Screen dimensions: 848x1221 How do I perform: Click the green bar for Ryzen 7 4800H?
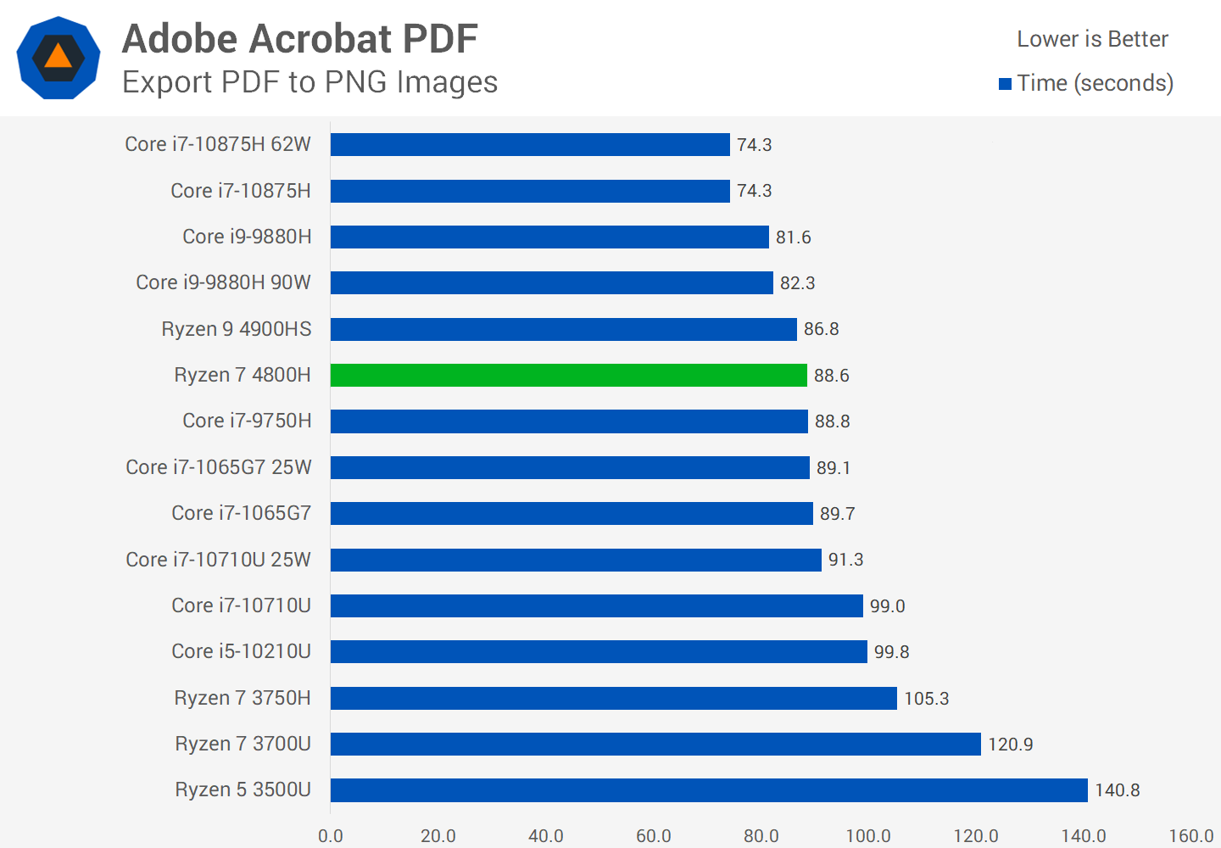[568, 375]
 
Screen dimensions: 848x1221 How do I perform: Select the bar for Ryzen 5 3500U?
[709, 790]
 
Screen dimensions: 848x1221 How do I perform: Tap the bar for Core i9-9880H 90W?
[551, 282]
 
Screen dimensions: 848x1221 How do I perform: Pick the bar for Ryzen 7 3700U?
[655, 744]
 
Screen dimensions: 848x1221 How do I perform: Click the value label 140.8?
[1117, 790]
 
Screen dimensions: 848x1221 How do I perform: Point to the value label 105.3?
[926, 699]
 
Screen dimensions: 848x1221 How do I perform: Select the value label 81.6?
[793, 237]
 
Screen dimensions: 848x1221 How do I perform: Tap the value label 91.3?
[845, 560]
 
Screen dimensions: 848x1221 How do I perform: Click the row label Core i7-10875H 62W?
[218, 144]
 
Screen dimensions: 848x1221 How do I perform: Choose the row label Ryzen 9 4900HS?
[237, 329]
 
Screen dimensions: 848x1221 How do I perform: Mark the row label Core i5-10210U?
[241, 651]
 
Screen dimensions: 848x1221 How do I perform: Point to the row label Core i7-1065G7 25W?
[219, 467]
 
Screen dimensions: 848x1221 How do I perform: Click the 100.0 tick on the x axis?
[868, 836]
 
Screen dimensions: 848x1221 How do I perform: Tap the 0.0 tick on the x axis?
[331, 836]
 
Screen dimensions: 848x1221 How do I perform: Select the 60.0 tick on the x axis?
[653, 836]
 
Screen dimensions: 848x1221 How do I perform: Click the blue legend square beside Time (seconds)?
[1006, 84]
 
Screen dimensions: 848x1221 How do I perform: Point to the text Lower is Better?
[1092, 39]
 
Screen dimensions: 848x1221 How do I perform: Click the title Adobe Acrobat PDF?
[300, 39]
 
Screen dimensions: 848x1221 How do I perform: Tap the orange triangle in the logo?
[58, 57]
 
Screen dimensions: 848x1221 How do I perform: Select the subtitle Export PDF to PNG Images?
[309, 82]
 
